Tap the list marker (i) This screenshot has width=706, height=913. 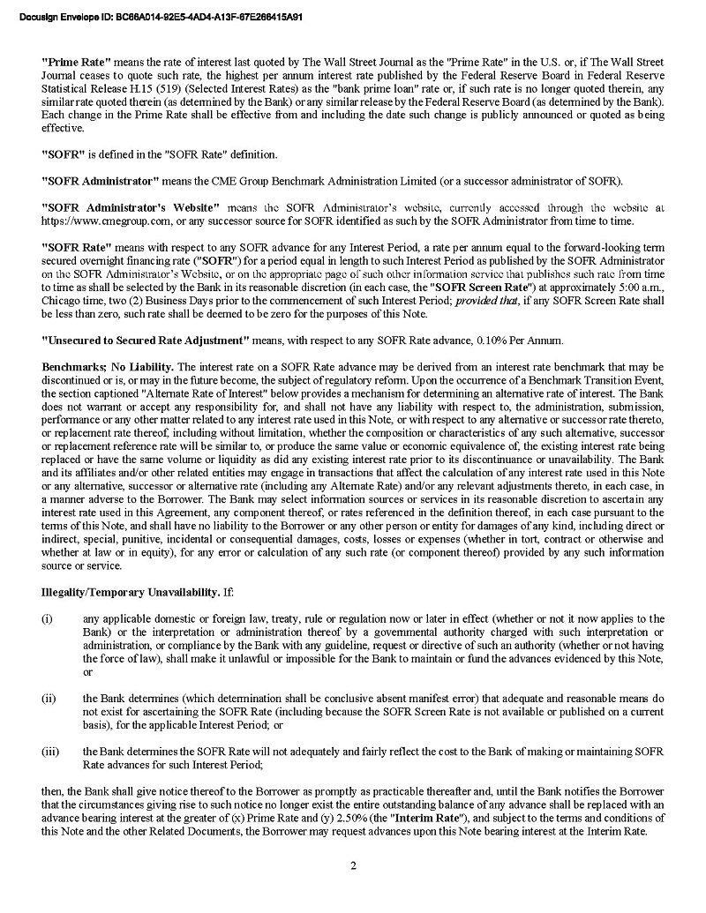click(48, 619)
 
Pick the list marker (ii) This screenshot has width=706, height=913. click(49, 698)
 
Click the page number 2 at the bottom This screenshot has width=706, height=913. click(353, 864)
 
